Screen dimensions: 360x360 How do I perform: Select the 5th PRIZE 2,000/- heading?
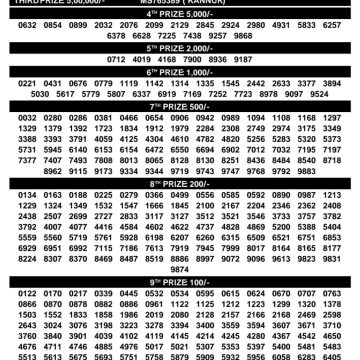tap(180, 46)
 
